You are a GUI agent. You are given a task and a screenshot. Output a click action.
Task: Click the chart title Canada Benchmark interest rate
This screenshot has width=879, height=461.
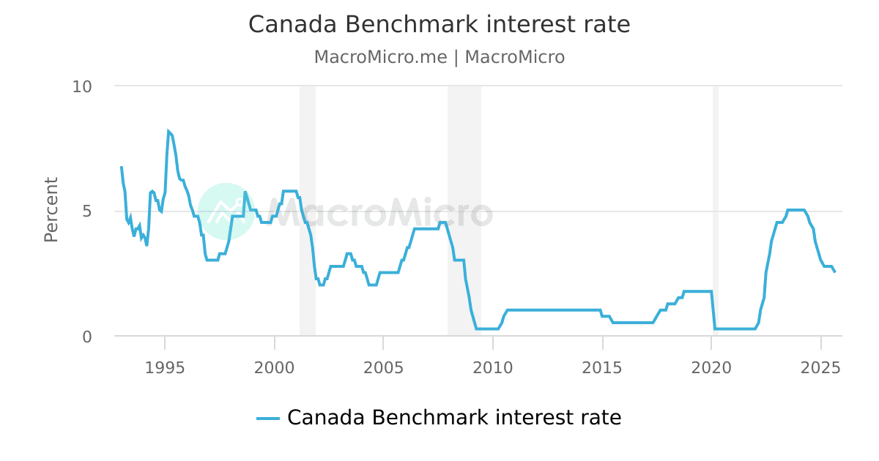point(439,25)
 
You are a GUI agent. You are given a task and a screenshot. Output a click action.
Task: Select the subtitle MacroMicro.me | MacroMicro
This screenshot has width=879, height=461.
point(439,57)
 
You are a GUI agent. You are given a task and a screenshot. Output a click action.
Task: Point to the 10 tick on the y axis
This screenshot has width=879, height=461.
point(82,86)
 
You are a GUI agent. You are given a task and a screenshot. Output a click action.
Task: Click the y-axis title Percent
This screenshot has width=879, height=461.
point(51,209)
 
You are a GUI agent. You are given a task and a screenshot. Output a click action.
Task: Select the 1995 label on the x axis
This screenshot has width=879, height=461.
point(165,367)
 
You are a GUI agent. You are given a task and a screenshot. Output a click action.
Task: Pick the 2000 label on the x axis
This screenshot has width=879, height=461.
point(274,367)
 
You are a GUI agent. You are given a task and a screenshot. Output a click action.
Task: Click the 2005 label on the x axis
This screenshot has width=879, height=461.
point(383,367)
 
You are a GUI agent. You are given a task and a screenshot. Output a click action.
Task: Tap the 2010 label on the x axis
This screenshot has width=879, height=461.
point(492,367)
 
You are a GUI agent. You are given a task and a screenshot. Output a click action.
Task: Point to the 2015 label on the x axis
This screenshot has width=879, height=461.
point(602,367)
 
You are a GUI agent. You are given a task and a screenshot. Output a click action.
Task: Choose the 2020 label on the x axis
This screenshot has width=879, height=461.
point(711,367)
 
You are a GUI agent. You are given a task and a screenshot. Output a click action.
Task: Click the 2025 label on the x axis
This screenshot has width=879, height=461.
point(820,367)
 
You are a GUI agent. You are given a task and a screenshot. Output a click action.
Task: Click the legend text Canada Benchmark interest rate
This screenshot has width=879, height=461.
point(454,418)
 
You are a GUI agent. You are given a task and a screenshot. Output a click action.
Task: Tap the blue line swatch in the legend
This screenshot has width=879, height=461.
point(268,419)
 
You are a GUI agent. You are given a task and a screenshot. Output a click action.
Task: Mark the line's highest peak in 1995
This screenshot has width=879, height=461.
point(168,131)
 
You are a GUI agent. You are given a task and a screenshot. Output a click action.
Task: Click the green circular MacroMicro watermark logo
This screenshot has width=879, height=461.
point(226,211)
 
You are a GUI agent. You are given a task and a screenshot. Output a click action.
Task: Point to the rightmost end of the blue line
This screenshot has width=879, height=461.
point(834,272)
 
